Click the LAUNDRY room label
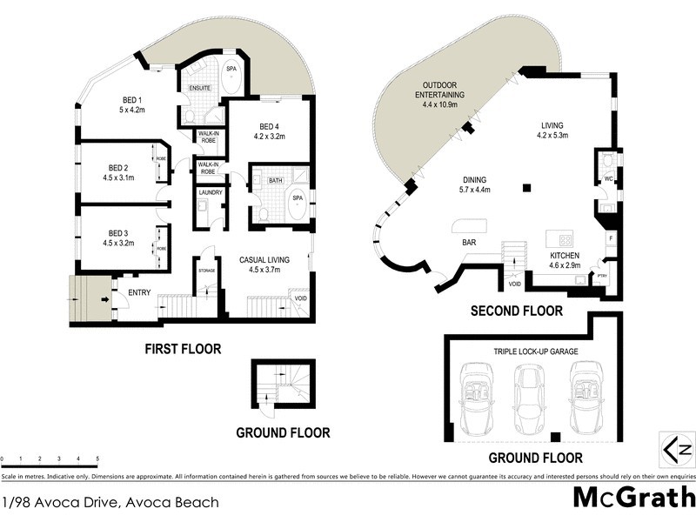pos(211,192)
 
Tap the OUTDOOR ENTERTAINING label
pos(439,94)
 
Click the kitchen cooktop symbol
pos(565,241)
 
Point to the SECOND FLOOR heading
pos(516,311)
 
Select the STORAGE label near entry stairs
pos(206,271)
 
